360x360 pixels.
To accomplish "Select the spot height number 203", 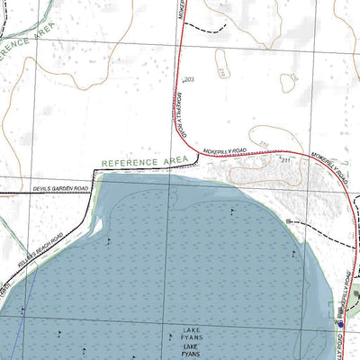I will click(188, 80).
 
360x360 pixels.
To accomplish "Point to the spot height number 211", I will click(286, 160).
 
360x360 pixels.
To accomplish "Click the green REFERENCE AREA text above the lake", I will click(144, 162).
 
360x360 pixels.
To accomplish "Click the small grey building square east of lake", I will click(288, 220).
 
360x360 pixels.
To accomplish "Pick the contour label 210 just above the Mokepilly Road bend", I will click(265, 143).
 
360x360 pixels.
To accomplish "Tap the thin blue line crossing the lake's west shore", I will click(29, 297).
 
